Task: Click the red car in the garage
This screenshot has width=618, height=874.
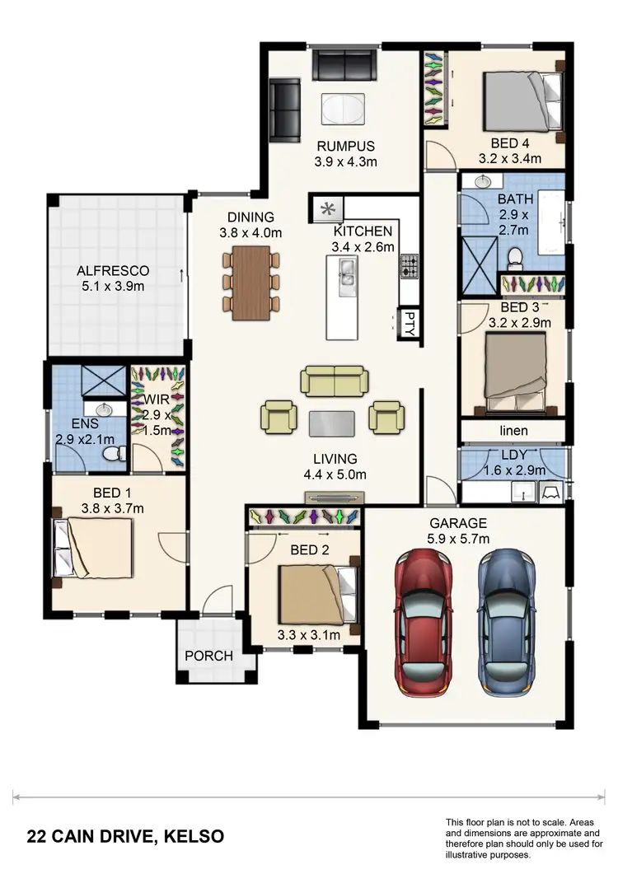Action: tap(424, 624)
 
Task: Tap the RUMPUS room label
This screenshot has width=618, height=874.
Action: tap(346, 147)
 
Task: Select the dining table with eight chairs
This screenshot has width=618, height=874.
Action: tap(251, 283)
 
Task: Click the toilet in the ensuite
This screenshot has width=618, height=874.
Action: tap(115, 452)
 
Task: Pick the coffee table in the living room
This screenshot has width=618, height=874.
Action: tap(333, 423)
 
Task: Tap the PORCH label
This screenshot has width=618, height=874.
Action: tap(208, 657)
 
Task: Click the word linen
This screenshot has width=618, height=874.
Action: tap(513, 431)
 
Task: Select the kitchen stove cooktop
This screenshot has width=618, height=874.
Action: tap(410, 266)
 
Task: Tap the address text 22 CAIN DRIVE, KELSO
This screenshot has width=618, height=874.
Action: tap(125, 837)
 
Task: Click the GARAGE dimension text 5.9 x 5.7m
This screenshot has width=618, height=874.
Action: tap(458, 539)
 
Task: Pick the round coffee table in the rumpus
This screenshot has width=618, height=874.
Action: tap(339, 109)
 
